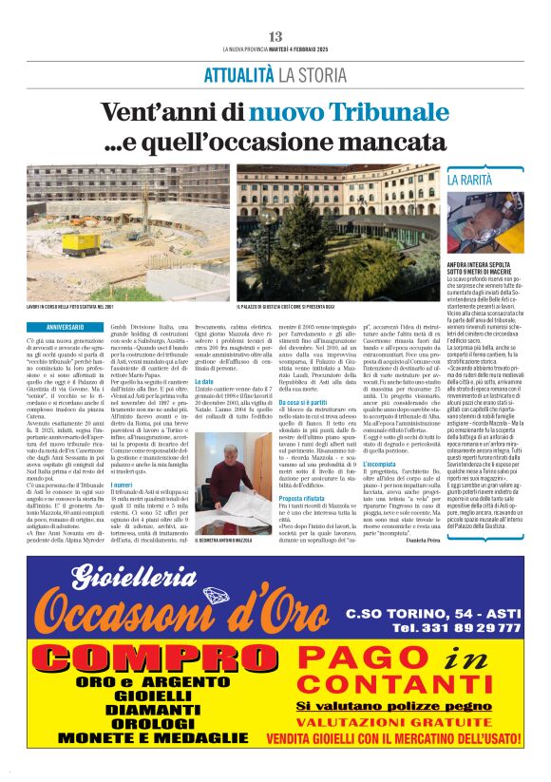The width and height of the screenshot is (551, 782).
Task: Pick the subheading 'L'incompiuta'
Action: pos(380,464)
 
